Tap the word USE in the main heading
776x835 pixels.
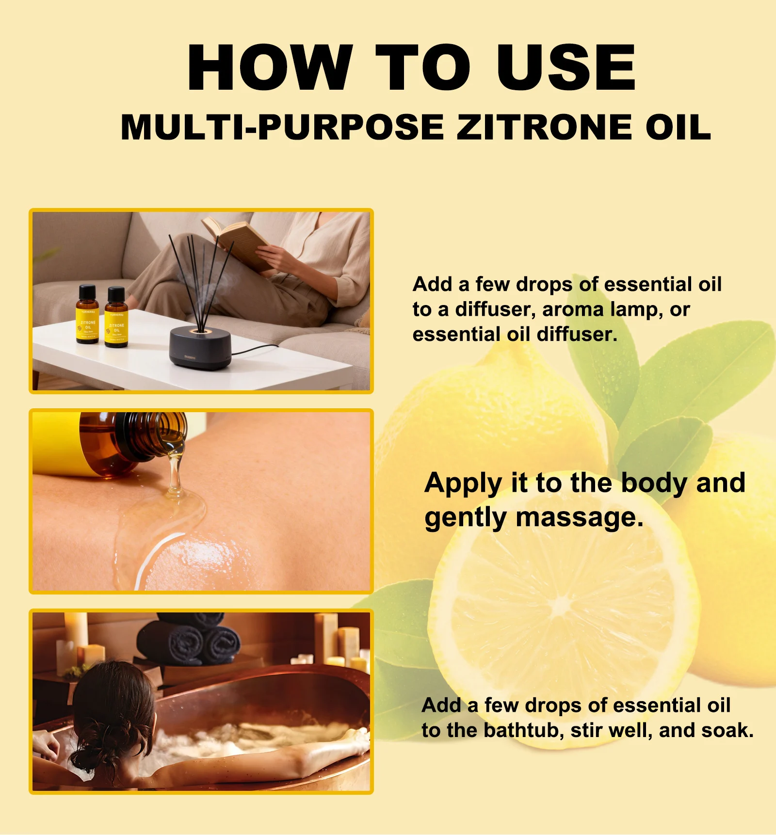point(566,67)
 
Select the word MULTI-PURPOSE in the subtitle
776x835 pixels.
point(282,128)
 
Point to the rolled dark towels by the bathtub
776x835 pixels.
point(189,640)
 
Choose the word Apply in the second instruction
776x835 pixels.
point(463,483)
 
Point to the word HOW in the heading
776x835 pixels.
point(270,67)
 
